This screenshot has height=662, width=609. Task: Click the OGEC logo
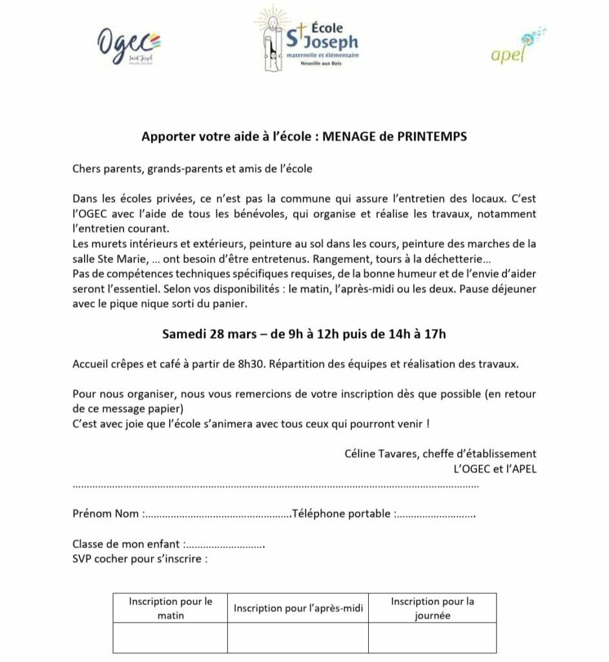129,46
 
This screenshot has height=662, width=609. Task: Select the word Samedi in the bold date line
183,334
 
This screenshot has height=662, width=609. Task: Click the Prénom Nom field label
105,514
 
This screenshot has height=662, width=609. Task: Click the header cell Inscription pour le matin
170,608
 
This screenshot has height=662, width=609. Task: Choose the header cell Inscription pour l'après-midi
298,608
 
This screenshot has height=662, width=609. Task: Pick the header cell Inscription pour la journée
432,608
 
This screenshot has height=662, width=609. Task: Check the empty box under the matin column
170,637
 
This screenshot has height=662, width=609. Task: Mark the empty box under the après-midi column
298,637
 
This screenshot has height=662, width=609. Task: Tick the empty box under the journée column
432,637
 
